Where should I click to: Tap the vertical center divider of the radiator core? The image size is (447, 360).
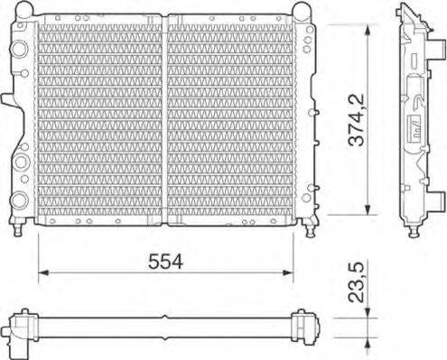pos(163,122)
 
